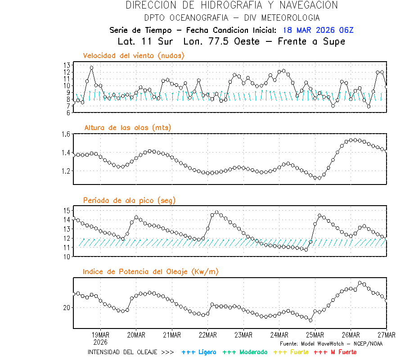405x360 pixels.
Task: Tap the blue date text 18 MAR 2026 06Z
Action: (318, 30)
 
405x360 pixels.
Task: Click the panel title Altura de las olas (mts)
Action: (127, 128)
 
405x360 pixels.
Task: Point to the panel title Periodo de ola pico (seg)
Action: (129, 200)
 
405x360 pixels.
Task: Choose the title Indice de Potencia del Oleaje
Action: (150, 271)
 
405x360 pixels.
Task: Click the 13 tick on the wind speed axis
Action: (67, 65)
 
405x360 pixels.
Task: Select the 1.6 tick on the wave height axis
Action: (66, 134)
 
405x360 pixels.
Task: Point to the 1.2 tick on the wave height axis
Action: (66, 171)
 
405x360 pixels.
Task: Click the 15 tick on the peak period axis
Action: (67, 210)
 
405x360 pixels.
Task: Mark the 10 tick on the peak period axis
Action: (67, 256)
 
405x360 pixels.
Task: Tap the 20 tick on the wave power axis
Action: (67, 308)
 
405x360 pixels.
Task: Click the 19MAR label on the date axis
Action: (100, 335)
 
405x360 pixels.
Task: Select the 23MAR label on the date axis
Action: (243, 335)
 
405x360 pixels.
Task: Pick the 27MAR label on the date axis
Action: (386, 335)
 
